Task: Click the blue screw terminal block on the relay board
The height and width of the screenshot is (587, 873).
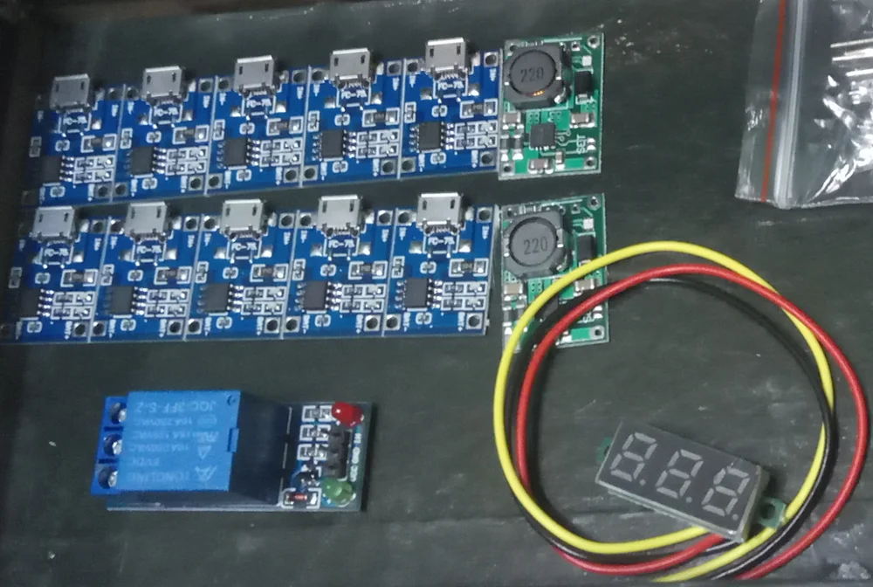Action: [107, 445]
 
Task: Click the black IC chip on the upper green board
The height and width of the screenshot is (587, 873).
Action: [541, 135]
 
